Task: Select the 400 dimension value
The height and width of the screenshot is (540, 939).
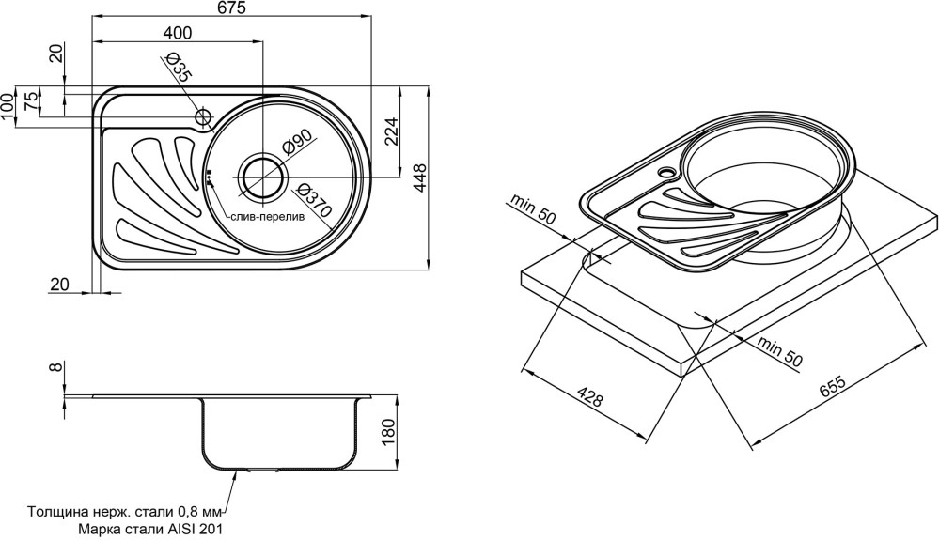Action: pyautogui.click(x=177, y=33)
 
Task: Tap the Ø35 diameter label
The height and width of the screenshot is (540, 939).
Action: pyautogui.click(x=178, y=67)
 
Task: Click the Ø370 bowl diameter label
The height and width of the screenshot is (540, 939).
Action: pyautogui.click(x=315, y=202)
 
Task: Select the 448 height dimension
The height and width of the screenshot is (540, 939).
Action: pyautogui.click(x=420, y=176)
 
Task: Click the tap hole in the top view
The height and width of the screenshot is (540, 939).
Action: pyautogui.click(x=202, y=116)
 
